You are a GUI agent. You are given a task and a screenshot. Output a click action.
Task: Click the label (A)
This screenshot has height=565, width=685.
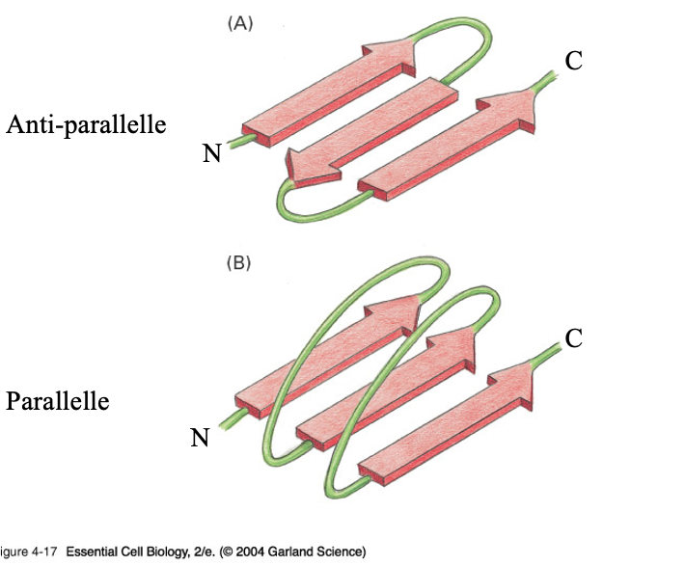[x=239, y=25]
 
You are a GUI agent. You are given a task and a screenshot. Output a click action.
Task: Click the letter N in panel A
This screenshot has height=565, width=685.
[x=212, y=152]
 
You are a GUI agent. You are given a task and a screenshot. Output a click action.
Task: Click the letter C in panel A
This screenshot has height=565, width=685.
[x=574, y=61]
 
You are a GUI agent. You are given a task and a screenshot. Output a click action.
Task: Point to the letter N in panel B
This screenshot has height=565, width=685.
[x=201, y=438]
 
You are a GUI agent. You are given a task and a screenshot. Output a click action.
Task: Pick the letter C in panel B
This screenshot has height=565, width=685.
[x=574, y=338]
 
